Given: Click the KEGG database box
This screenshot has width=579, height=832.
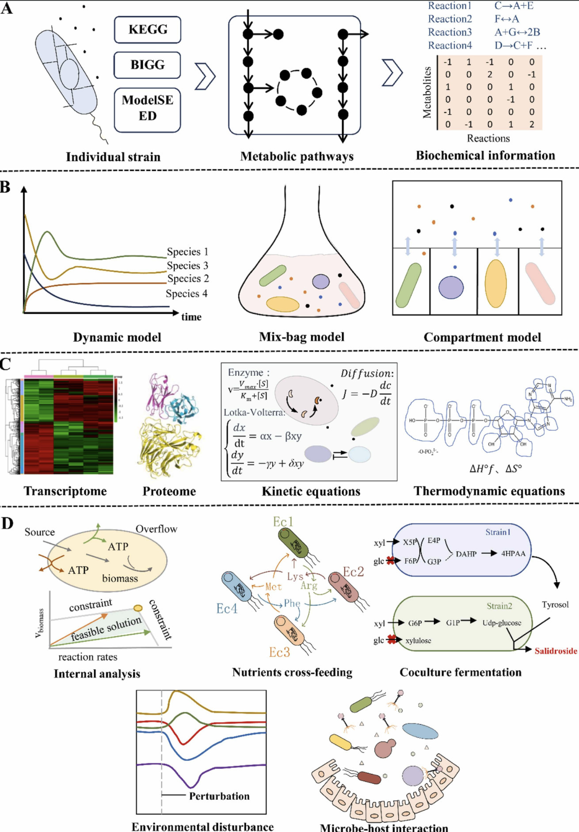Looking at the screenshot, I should click(x=148, y=30).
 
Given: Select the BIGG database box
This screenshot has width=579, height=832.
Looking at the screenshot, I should click(x=148, y=65).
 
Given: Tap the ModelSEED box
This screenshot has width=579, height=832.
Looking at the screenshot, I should click(x=148, y=107).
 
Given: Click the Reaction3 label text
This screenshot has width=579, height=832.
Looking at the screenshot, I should click(x=449, y=32).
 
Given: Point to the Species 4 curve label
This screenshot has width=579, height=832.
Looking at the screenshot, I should click(x=186, y=294).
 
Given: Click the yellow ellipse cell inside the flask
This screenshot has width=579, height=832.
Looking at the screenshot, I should click(x=283, y=304).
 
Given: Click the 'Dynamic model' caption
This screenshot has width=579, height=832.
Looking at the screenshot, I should click(x=117, y=337).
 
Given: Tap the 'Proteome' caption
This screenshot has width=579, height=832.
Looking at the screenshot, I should click(x=169, y=491).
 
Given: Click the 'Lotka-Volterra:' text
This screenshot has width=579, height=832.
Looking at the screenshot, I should click(x=254, y=412).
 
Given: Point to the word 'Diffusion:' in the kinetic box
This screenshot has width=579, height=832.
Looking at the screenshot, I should click(x=367, y=373).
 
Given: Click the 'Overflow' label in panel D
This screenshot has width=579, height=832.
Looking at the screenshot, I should click(x=156, y=529).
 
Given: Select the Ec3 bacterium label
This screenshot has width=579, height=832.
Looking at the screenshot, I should click(x=279, y=652).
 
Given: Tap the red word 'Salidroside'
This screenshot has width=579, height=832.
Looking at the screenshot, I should click(x=556, y=651).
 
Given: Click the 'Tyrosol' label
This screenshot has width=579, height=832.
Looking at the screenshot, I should click(x=555, y=604).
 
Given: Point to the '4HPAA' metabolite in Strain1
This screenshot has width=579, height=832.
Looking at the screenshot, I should click(x=513, y=553).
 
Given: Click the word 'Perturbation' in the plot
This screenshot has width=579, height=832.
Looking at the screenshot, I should click(x=219, y=796).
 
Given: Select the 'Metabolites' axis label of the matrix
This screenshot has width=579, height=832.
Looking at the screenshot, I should click(x=427, y=92).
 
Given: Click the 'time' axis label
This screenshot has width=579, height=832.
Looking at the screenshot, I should click(x=191, y=317).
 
